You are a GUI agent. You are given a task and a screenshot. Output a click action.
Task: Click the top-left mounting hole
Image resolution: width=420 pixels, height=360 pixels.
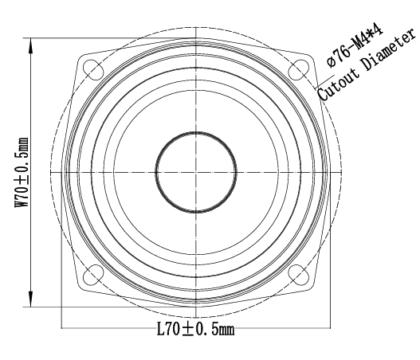click(93, 69)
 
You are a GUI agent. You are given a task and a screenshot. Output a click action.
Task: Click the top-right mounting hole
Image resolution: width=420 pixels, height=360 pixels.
click(298, 70)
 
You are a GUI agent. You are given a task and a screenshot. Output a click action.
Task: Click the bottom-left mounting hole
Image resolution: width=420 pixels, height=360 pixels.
click(93, 275)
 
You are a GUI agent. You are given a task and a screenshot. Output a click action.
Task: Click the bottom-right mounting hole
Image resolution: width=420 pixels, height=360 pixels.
click(298, 275)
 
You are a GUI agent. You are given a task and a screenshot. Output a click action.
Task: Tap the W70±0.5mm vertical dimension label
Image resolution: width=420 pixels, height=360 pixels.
click(22, 172)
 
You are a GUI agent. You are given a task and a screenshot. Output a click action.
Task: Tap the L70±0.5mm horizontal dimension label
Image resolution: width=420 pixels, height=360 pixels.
click(195, 329)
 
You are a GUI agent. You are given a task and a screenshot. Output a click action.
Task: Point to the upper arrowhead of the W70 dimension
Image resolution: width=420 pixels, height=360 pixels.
click(30, 45)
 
